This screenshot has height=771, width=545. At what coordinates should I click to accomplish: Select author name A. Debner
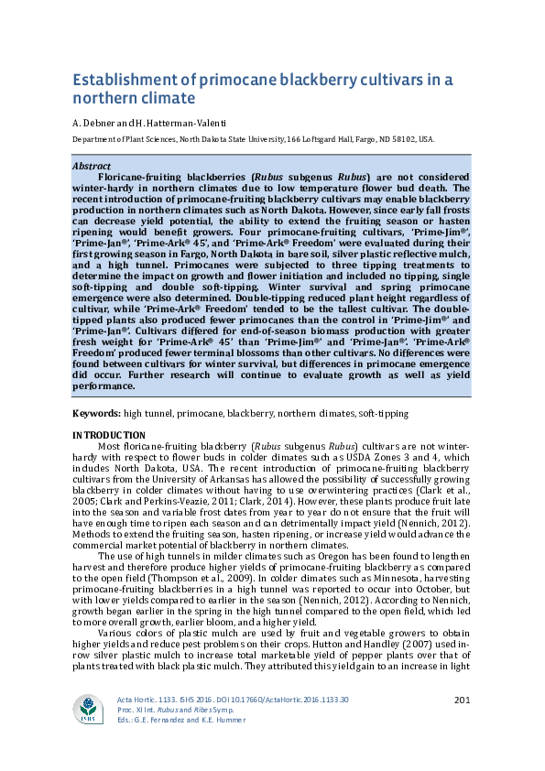pyautogui.click(x=93, y=123)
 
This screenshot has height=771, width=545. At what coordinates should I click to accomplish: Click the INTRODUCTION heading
pyautogui.click(x=108, y=435)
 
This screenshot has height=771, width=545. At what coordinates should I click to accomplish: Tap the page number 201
pyautogui.click(x=462, y=700)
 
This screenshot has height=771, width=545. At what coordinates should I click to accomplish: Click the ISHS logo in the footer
pyautogui.click(x=89, y=709)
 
